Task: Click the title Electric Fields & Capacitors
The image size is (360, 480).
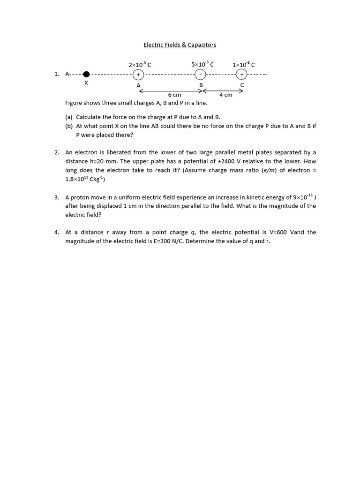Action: click(180, 45)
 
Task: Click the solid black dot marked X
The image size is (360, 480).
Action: click(86, 74)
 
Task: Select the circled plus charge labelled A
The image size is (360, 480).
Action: click(138, 75)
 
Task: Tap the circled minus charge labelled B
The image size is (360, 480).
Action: click(201, 75)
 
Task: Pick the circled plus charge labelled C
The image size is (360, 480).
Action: click(242, 75)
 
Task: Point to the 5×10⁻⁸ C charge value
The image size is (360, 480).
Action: click(202, 64)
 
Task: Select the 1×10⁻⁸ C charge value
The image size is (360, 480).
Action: click(244, 64)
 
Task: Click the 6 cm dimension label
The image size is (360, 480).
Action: click(174, 95)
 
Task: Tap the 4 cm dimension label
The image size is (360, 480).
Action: click(225, 95)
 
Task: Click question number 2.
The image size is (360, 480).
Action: click(56, 152)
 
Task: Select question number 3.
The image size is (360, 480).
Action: click(56, 197)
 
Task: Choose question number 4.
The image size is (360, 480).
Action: click(56, 232)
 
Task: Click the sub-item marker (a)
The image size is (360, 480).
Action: click(69, 117)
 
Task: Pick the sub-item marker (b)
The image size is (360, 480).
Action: click(69, 126)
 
